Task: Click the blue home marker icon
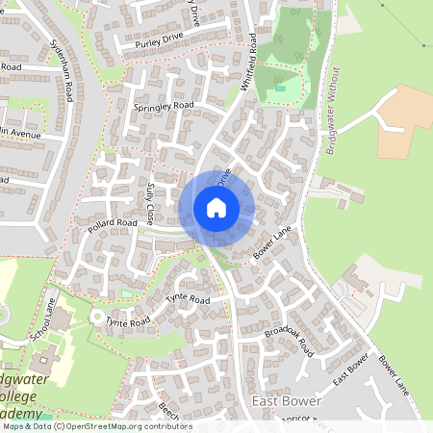tap(216, 208)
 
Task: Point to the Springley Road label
tap(164, 104)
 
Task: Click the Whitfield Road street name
tap(249, 64)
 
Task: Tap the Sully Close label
tap(155, 204)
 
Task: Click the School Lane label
tap(42, 319)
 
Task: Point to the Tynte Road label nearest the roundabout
tap(128, 321)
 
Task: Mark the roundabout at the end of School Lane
tap(96, 316)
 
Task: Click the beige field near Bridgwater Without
tap(404, 120)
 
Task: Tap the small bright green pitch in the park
tap(280, 88)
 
